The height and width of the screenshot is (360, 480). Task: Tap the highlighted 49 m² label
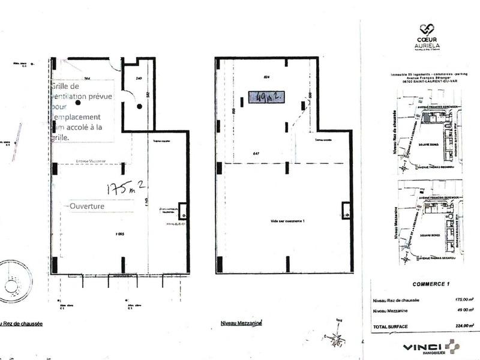[265, 97]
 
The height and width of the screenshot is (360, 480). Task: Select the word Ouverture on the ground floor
[88, 205]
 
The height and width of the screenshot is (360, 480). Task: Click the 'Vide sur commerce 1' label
[288, 221]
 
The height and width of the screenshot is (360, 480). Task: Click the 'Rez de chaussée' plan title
[21, 323]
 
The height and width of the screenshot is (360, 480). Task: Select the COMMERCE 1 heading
[427, 284]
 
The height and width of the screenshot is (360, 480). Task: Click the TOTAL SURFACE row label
[391, 326]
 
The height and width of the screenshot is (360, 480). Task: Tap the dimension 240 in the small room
[139, 79]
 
